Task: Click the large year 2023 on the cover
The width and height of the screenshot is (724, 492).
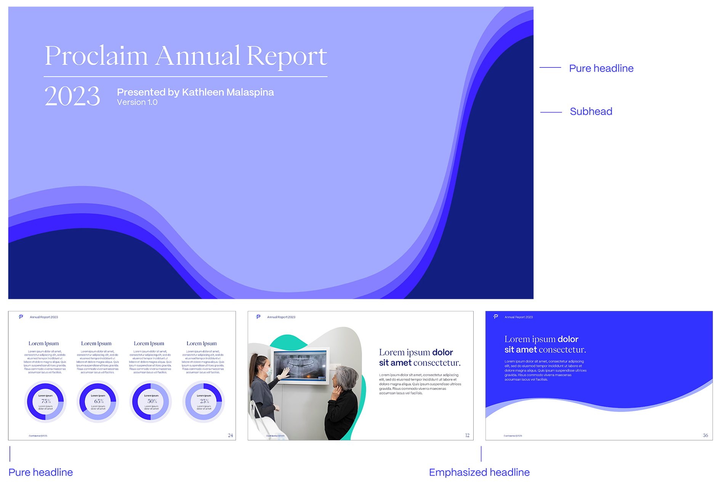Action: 72,96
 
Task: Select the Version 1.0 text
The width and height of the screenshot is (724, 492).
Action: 137,103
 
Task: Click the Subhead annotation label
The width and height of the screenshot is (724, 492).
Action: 591,112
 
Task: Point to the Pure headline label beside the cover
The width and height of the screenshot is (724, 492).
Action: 601,69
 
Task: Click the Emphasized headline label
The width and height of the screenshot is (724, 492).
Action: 479,473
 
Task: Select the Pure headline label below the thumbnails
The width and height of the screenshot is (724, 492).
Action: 40,473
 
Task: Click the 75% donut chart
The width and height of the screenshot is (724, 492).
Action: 45,402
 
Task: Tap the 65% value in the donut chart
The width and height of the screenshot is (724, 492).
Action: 99,401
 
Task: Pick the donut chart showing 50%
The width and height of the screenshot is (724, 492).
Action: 151,402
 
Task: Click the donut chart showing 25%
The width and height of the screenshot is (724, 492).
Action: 203,402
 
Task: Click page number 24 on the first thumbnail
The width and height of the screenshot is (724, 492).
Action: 230,435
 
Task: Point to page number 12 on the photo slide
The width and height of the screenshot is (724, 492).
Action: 467,435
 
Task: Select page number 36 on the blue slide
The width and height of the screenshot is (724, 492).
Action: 705,435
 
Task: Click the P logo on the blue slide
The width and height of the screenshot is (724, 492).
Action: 496,317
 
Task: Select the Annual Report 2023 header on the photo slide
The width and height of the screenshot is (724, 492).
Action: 281,317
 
